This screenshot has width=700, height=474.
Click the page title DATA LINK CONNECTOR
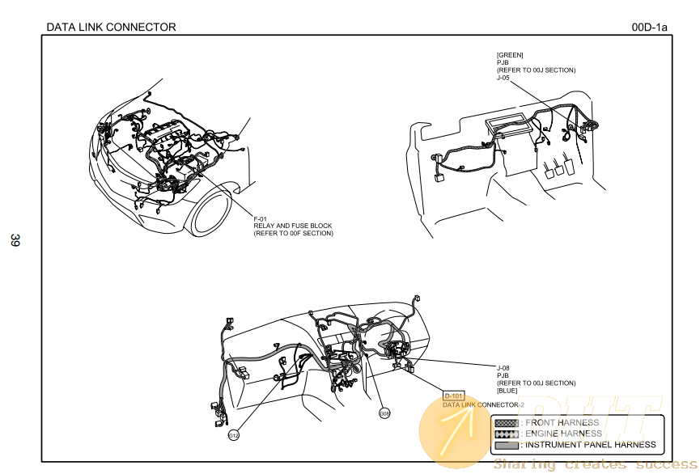pos(111,28)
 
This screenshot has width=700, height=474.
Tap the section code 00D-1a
pos(649,28)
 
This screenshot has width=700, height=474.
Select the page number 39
pos(15,240)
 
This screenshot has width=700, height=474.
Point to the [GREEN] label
pos(510,55)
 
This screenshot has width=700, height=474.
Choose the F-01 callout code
pos(261,219)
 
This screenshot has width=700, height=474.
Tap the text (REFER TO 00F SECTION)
pos(293,234)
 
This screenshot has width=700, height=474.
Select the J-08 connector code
pos(503,368)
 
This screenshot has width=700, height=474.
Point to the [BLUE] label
pos(507,391)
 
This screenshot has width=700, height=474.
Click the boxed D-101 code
pos(453,396)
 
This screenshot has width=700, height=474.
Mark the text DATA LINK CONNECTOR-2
pos(483,404)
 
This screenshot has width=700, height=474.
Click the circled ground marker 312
pos(234,435)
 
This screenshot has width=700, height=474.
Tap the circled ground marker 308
pos(385,413)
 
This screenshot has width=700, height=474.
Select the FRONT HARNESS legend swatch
pos(506,423)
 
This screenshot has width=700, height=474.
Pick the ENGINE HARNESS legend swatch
pos(506,434)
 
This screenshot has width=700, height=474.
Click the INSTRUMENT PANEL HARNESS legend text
pos(590,445)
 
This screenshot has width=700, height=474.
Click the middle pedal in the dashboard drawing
pos(561,169)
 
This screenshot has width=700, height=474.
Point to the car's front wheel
pos(214,215)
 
